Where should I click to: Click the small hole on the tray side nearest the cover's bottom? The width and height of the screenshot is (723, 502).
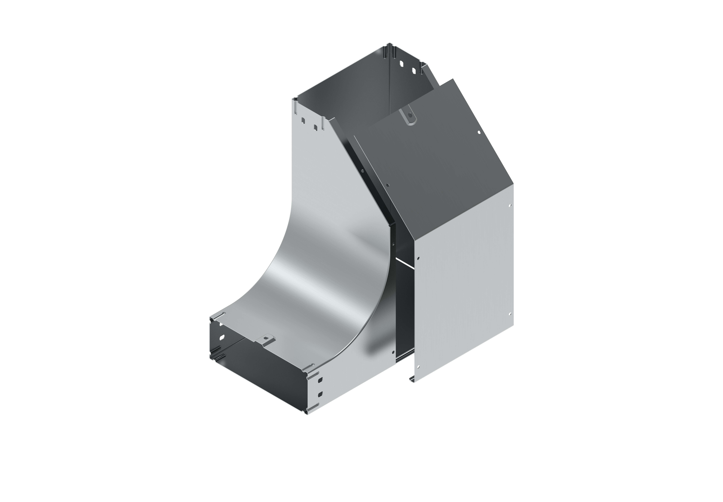pyautogui.click(x=393, y=353)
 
